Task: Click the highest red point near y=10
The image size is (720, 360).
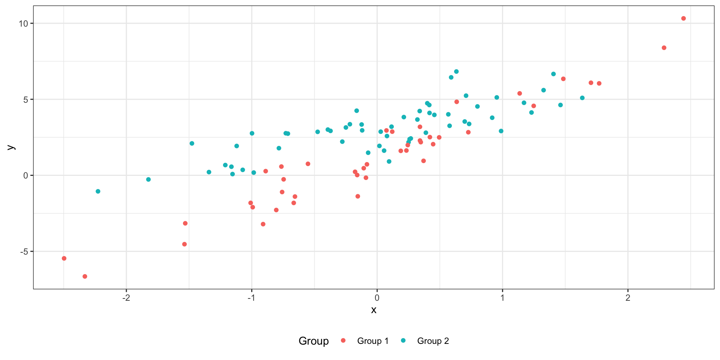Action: (x=683, y=18)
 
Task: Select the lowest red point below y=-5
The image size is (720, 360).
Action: (x=85, y=276)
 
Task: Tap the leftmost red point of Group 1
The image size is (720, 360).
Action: (x=64, y=258)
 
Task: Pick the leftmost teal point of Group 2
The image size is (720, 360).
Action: (x=98, y=191)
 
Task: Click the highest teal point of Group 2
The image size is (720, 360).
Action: (x=456, y=72)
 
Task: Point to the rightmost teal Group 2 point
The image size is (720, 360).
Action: (x=582, y=98)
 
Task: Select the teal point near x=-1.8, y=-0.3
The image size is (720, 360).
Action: (x=148, y=180)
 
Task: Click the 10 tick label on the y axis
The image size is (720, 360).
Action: (x=23, y=24)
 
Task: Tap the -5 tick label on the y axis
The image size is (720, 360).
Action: (x=23, y=252)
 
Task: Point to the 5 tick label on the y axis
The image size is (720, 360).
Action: (x=25, y=100)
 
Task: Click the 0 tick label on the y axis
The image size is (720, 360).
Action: (x=25, y=175)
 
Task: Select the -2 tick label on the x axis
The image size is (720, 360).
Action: (x=126, y=298)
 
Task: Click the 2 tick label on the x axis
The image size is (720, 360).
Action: (x=628, y=298)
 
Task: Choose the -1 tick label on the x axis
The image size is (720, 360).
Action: (x=251, y=298)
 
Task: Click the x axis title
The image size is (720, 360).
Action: (x=373, y=310)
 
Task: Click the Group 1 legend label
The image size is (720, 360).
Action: (x=373, y=341)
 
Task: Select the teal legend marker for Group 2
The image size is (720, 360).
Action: (x=403, y=340)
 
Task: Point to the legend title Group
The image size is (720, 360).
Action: (x=313, y=341)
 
